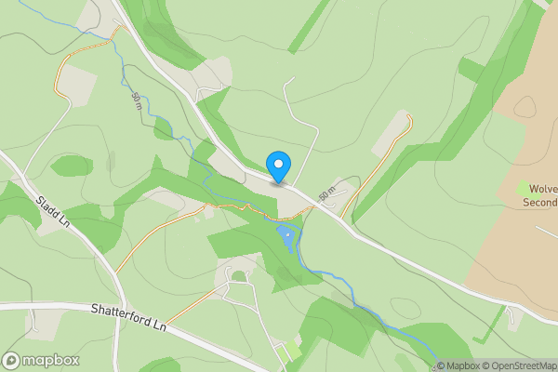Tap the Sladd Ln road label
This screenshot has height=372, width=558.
point(53,210)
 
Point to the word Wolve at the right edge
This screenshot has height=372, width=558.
point(542,188)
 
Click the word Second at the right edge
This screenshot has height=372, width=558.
point(538,202)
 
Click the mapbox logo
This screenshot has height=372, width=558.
point(41,360)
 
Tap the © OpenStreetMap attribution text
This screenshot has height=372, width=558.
point(516,365)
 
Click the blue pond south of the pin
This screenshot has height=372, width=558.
point(286,240)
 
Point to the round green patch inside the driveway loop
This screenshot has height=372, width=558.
point(239,275)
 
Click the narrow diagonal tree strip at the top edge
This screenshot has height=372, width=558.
point(310,25)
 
